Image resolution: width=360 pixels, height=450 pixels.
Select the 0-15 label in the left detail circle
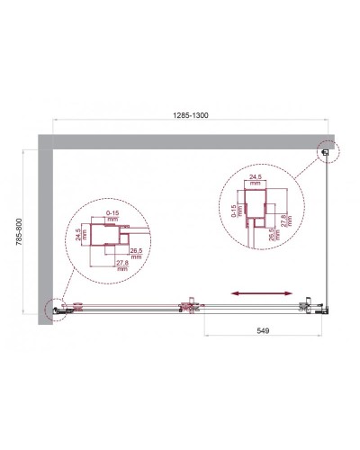click(x=111, y=213)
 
